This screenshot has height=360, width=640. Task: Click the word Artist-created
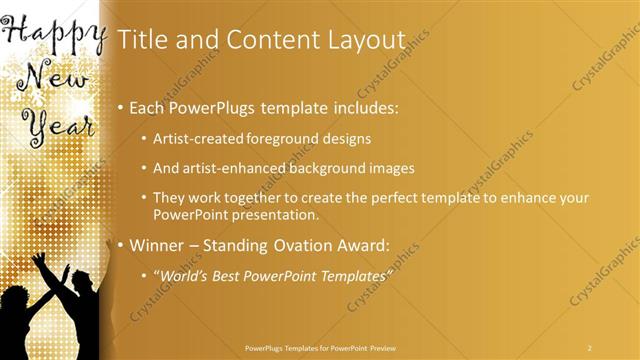coord(194,138)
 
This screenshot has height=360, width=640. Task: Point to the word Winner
coord(158,244)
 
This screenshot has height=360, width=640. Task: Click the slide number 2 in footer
coord(589,347)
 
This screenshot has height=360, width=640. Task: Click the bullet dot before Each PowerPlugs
coord(121,107)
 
